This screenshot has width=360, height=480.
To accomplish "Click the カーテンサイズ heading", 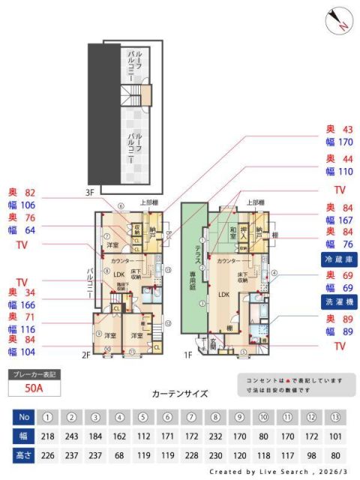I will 179,393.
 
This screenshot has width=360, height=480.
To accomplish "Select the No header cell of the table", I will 23,416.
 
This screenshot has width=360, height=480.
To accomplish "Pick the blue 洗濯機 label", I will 338,303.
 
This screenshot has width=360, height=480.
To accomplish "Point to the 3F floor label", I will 90,193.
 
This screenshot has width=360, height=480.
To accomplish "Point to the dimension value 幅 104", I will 22,352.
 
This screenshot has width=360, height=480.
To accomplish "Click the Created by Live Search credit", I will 278,471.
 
